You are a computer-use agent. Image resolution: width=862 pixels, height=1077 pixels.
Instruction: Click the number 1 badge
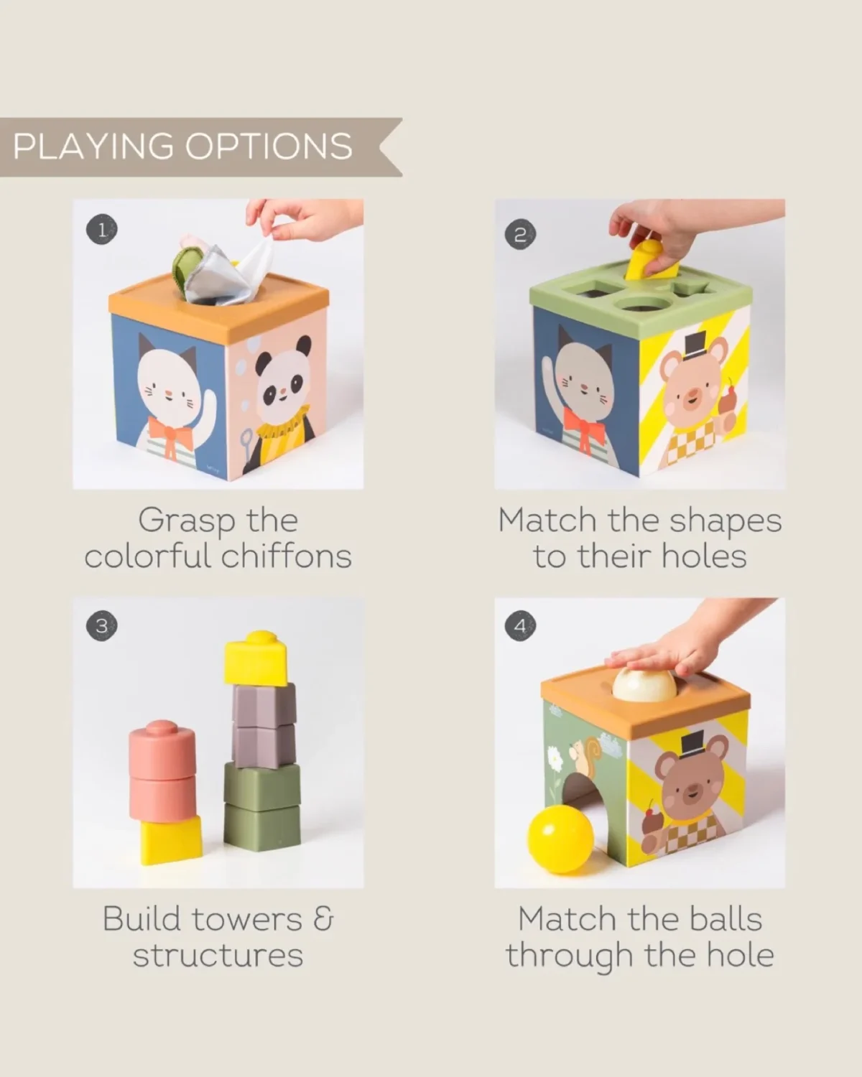(102, 230)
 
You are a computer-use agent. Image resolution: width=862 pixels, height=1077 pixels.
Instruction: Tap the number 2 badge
(520, 235)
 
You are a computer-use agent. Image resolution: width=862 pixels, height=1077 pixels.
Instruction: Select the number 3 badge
(102, 625)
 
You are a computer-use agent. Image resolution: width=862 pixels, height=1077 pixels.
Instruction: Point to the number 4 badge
(520, 625)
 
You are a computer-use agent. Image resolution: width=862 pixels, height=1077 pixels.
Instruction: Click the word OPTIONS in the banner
(269, 146)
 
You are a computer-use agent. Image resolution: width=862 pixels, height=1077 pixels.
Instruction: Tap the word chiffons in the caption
(287, 556)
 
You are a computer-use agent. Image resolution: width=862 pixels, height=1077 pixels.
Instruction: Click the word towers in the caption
(247, 919)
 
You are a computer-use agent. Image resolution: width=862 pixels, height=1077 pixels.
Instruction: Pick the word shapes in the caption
(726, 523)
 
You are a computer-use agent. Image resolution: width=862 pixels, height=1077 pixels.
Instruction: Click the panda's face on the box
(282, 378)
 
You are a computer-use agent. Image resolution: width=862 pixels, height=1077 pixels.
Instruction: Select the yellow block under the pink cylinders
(171, 840)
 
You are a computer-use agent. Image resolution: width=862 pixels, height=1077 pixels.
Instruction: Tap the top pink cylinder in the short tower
(162, 749)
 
